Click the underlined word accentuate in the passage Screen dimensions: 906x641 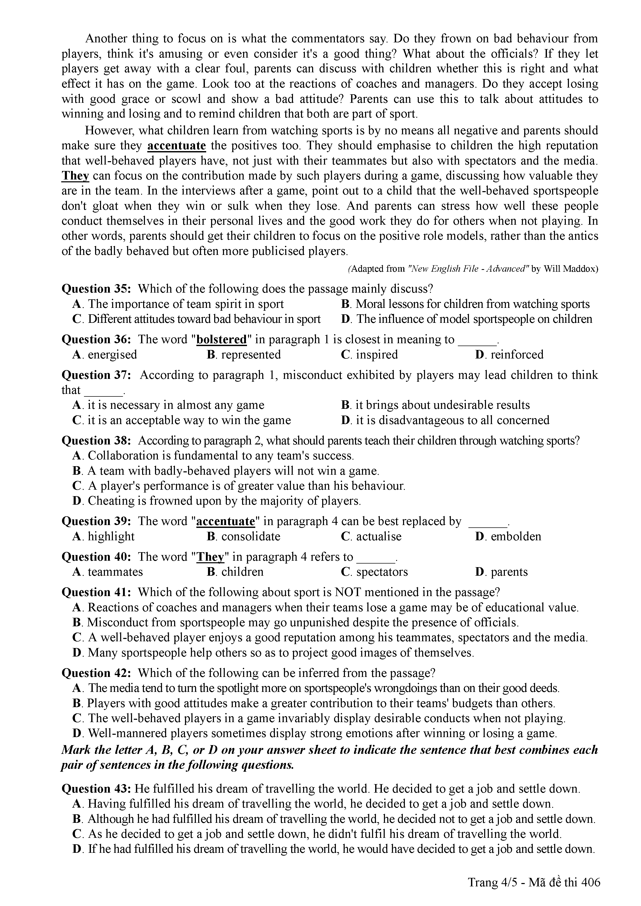coord(176,146)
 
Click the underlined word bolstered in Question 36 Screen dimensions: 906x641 coord(221,339)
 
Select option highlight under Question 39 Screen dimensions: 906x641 coord(111,536)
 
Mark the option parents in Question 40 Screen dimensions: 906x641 coord(509,572)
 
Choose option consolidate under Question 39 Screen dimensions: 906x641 coord(251,536)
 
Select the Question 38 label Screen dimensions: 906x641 coord(96,440)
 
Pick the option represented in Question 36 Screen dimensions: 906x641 coord(251,354)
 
